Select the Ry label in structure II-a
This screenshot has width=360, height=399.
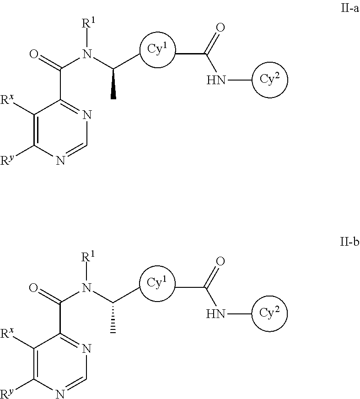pyautogui.click(x=9, y=161)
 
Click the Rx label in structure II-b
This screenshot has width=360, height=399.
pyautogui.click(x=10, y=334)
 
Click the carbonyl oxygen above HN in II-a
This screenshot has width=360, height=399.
pyautogui.click(x=220, y=28)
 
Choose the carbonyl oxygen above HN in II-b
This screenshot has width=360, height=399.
pyautogui.click(x=220, y=262)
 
